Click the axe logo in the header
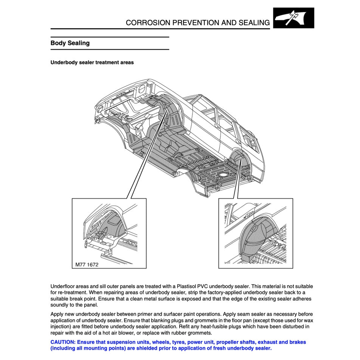click(x=293, y=18)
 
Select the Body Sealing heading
click(x=70, y=43)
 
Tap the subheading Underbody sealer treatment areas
click(x=92, y=62)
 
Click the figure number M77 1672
click(x=87, y=265)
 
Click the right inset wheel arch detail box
click(x=255, y=233)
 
